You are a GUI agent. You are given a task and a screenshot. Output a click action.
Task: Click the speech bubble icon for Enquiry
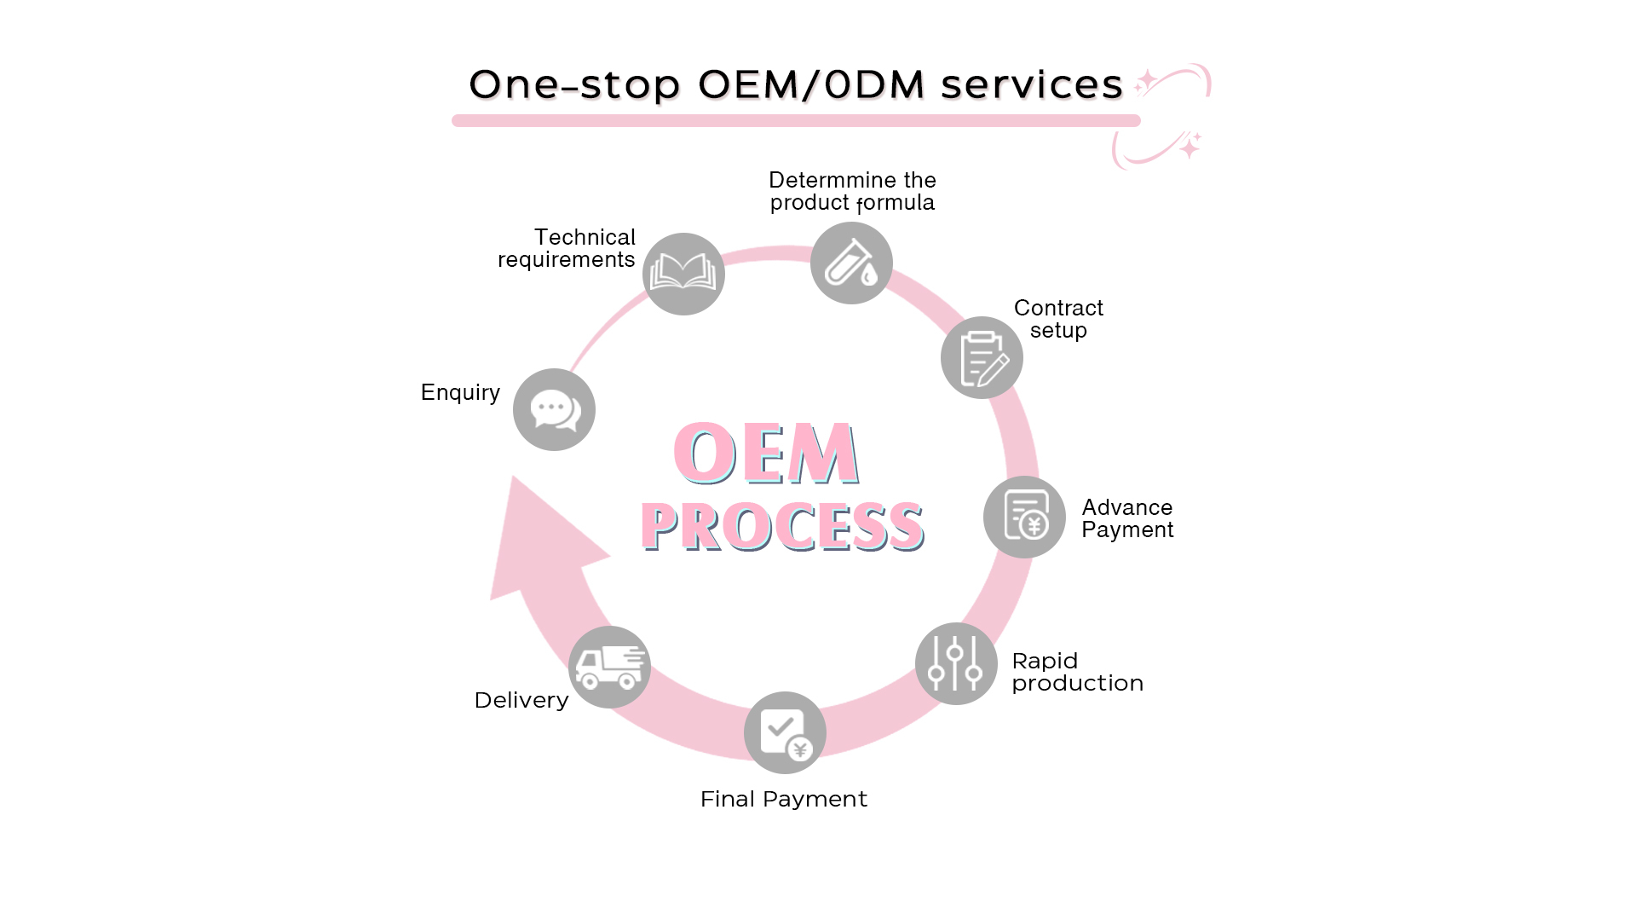click(x=554, y=409)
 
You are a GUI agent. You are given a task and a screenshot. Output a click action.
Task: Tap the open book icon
click(x=683, y=274)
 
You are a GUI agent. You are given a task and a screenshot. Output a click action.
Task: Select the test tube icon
click(x=851, y=263)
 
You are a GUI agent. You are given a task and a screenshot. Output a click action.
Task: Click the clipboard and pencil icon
click(x=982, y=357)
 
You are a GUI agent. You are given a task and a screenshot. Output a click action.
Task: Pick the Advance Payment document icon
click(x=1024, y=517)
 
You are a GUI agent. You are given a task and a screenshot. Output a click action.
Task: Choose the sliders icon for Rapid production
click(x=956, y=663)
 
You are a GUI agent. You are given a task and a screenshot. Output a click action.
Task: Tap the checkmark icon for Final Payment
click(x=785, y=732)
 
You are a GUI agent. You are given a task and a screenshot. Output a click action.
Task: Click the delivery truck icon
click(x=609, y=667)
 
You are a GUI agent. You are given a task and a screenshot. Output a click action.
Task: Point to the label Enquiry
click(x=460, y=392)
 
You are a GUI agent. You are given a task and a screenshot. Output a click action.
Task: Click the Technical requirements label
click(x=567, y=248)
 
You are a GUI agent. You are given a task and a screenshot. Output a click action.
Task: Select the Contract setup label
click(x=1058, y=319)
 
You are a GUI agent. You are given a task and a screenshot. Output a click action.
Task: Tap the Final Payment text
click(x=784, y=799)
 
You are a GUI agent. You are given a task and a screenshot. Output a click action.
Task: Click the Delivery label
click(x=521, y=700)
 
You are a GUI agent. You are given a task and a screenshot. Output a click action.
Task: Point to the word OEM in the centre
click(x=766, y=453)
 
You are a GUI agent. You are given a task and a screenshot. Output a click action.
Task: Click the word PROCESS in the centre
click(x=782, y=525)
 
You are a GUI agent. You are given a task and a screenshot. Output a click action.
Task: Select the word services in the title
click(x=1032, y=84)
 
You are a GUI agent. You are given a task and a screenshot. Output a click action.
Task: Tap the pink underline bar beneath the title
click(x=796, y=120)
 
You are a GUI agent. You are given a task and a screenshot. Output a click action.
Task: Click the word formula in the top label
click(x=896, y=203)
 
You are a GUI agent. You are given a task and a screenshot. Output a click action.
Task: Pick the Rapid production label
click(x=1078, y=672)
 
